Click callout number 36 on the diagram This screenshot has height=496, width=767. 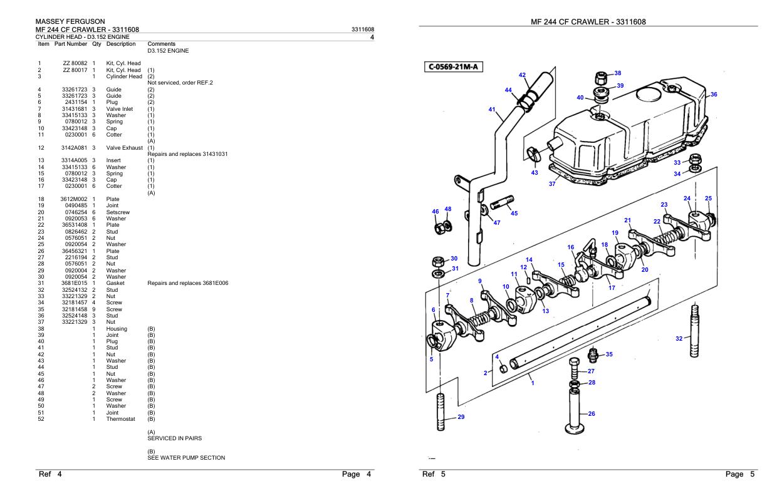pos(712,95)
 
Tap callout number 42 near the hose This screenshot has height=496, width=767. pos(522,75)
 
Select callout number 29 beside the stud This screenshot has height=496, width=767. pos(461,417)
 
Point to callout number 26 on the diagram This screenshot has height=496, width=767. pos(591,413)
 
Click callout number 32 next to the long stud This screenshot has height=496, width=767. pos(679,339)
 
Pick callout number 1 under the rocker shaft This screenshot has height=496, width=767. pos(533,383)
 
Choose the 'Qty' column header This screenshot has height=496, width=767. pos(97,44)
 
